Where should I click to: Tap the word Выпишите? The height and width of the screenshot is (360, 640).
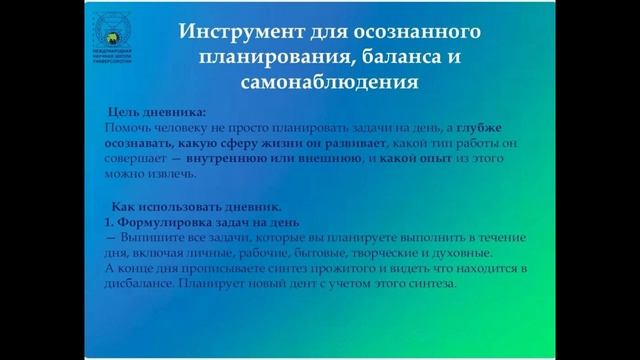[149, 240]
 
